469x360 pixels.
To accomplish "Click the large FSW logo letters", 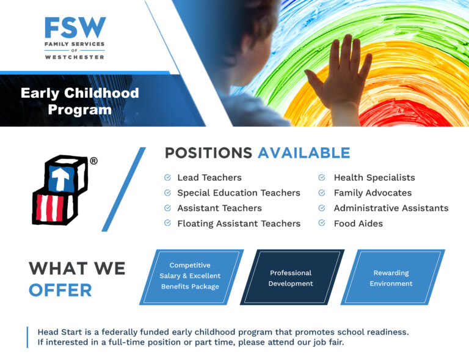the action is pyautogui.click(x=75, y=28).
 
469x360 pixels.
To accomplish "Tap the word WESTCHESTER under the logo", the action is pyautogui.click(x=75, y=57).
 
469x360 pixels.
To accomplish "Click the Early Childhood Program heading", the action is pyautogui.click(x=80, y=101).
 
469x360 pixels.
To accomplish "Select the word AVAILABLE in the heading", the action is pyautogui.click(x=304, y=153).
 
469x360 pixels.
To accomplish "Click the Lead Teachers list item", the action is pyautogui.click(x=209, y=177).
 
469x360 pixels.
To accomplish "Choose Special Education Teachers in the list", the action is pyautogui.click(x=239, y=193).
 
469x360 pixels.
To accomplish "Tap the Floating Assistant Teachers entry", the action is pyautogui.click(x=239, y=224).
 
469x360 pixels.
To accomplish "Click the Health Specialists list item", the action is pyautogui.click(x=374, y=178).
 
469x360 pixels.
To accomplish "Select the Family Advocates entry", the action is pyautogui.click(x=373, y=193).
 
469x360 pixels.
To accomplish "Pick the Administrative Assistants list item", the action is pyautogui.click(x=391, y=208).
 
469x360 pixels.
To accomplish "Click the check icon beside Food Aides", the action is pyautogui.click(x=322, y=222).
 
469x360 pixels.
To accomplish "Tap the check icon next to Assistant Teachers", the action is pyautogui.click(x=167, y=207).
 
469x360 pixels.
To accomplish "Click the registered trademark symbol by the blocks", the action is pyautogui.click(x=93, y=161).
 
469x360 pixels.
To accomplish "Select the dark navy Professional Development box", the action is pyautogui.click(x=292, y=277).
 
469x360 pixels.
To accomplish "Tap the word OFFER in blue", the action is pyautogui.click(x=60, y=290).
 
